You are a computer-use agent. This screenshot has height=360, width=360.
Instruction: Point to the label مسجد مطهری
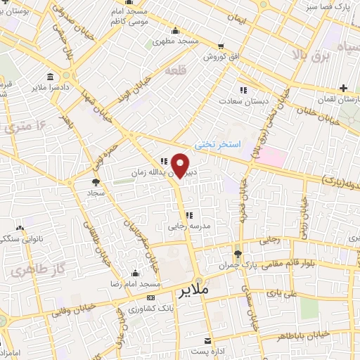click(x=176, y=41)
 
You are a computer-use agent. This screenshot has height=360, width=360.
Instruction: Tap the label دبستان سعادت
click(x=244, y=101)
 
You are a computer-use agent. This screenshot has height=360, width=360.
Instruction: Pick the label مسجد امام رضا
click(x=134, y=283)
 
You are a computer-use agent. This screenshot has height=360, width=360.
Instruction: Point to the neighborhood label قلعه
click(x=174, y=71)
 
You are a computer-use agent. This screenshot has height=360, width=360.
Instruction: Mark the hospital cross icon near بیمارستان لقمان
click(x=342, y=88)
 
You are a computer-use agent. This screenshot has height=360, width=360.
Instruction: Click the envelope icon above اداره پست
click(x=209, y=337)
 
